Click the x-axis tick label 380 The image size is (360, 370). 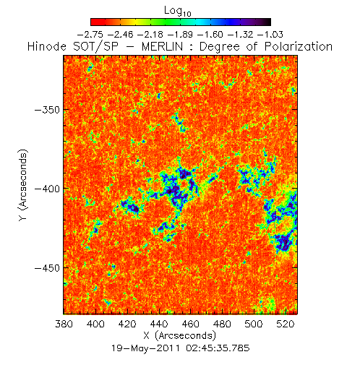coord(64,324)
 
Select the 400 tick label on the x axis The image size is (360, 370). coord(95,324)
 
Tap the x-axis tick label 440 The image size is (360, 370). coord(159,324)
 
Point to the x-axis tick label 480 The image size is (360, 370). coord(222,324)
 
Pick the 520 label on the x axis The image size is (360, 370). coord(286,324)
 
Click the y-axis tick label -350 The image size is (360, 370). coord(47,110)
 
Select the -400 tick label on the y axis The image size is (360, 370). coord(47,189)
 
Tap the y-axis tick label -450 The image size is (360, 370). coord(47,268)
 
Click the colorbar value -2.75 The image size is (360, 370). coord(90,35)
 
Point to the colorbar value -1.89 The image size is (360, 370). coord(180,35)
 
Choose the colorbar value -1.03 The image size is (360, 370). coord(270,35)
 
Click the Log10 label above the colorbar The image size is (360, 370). coord(178,12)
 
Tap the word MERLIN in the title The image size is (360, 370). coord(162,46)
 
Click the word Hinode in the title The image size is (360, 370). coord(47,46)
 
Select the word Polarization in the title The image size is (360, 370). coord(299,46)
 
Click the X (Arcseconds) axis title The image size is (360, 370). coord(180,335)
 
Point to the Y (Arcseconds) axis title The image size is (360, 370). coord(23,185)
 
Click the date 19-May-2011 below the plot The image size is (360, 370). coord(145,348)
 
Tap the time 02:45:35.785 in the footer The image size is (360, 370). coord(218,348)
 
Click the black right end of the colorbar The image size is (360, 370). coord(267,22)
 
